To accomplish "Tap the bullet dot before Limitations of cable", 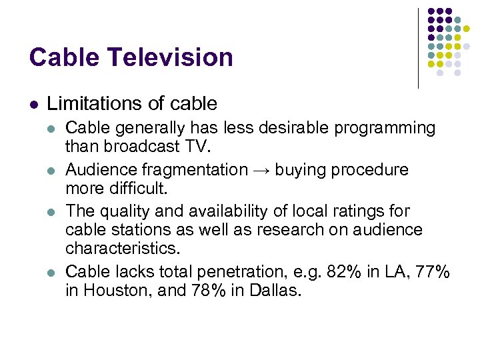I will coord(33,104).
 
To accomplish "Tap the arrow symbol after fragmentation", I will coord(261,170).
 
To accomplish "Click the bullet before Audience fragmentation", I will coord(53,171).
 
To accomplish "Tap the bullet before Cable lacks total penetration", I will coord(53,273).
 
